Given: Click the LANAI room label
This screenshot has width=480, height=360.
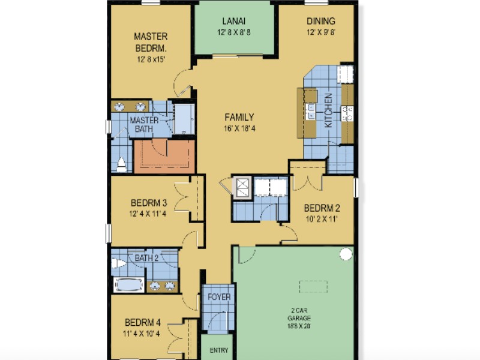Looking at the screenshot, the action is click(x=233, y=21).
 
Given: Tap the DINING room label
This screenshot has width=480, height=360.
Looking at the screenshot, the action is click(x=321, y=21).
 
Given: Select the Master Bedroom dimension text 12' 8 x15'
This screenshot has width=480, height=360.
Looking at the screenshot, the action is click(x=151, y=59).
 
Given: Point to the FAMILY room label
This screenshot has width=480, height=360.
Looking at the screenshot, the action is click(x=239, y=117).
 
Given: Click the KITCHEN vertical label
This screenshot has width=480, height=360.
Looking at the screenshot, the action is click(x=328, y=110).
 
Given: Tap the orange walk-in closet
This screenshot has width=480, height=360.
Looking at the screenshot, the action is click(x=164, y=157).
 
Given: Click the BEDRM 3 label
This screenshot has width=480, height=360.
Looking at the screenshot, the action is click(x=149, y=203).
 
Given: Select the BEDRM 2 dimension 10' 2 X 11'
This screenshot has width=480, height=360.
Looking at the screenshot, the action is click(x=322, y=219).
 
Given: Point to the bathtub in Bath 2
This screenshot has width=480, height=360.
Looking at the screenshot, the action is click(x=128, y=285).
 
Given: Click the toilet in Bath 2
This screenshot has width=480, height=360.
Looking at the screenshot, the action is click(x=119, y=263).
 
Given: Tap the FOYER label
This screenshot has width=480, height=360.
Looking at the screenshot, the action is click(x=219, y=297).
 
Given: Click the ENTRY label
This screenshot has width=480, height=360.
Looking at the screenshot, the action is click(x=219, y=350).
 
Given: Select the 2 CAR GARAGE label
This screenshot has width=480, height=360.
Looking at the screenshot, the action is click(x=299, y=314).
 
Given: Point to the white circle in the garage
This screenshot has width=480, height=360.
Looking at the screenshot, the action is click(x=346, y=254).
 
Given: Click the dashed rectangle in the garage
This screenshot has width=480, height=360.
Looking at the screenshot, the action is click(x=313, y=287).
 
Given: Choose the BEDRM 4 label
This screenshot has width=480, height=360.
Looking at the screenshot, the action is click(x=143, y=322).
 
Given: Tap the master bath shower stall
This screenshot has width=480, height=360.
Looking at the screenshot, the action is click(x=184, y=119).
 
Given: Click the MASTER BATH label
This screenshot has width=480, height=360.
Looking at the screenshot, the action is click(x=144, y=124).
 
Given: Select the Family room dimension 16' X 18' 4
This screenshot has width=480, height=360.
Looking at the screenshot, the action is click(x=239, y=128).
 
